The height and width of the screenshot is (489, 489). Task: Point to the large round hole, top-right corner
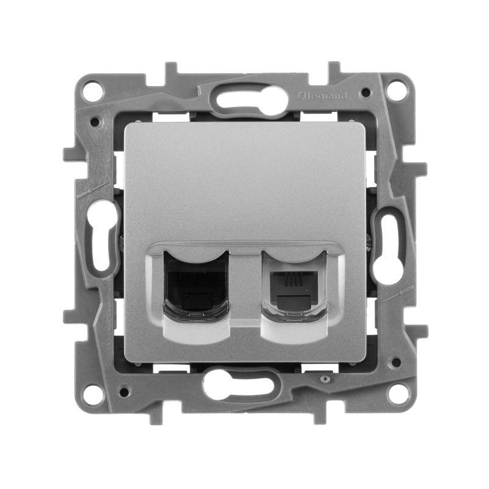(x=397, y=92)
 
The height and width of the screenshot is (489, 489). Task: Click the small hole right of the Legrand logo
(x=365, y=94)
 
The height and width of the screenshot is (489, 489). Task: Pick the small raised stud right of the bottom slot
(x=325, y=380)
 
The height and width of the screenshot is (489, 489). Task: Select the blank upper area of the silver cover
(x=244, y=177)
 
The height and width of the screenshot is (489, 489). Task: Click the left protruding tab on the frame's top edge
(x=171, y=68)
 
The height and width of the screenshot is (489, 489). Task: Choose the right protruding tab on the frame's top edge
(x=334, y=68)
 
